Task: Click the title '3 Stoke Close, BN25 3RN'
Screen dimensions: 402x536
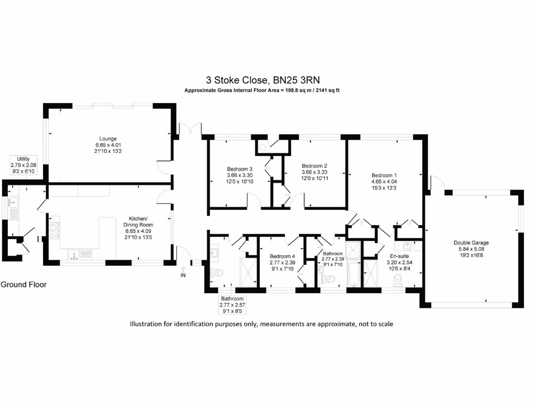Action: (262, 80)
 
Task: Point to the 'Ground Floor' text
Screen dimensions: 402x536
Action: (24, 285)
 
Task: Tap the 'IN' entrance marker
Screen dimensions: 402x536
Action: (183, 275)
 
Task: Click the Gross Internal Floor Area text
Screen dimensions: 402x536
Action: (262, 91)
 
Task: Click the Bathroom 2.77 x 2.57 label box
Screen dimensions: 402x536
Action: (232, 304)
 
